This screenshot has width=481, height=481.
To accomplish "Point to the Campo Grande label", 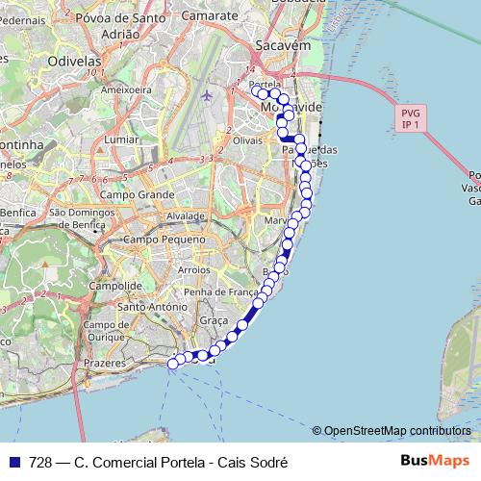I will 137,194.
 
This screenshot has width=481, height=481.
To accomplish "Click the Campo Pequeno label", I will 165,239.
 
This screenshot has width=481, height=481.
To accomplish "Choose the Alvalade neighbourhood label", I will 186,216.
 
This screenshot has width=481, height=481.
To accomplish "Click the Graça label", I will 213,320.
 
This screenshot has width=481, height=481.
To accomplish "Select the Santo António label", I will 151,307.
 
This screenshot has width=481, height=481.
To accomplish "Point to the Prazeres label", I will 105,364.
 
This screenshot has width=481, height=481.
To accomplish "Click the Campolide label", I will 115,286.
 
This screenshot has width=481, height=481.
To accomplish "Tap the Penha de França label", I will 221,291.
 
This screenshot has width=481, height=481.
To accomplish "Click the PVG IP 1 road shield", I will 411,118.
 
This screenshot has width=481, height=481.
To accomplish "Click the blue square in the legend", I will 13,462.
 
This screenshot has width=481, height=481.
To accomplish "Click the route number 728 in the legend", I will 40,462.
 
